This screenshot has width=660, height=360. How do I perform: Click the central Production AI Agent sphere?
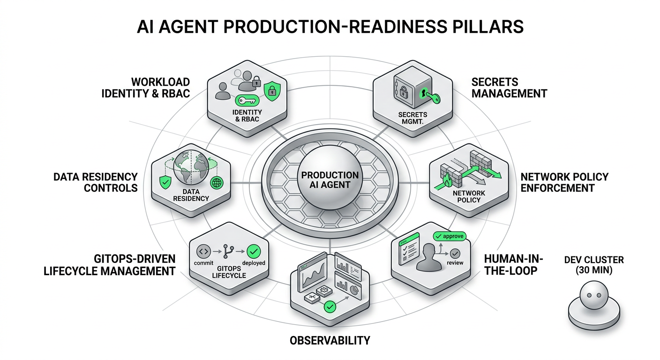(330, 180)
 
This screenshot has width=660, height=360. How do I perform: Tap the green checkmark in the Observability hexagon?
(330, 307)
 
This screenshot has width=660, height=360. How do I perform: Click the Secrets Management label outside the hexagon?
(509, 88)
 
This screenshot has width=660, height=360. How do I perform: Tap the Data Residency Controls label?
(95, 182)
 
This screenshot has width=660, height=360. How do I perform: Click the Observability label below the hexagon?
(330, 340)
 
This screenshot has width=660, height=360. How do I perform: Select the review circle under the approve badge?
(454, 253)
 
